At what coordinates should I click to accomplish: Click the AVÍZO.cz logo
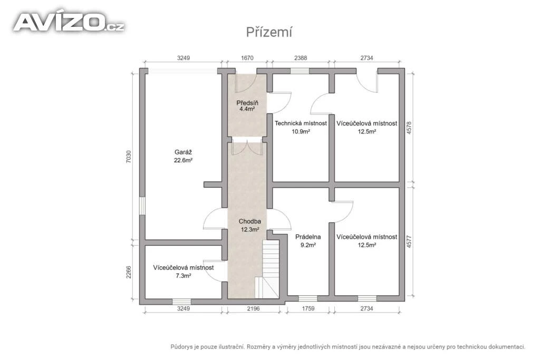69,22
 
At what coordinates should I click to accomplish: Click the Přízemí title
269,32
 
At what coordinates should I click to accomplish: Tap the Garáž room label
183,152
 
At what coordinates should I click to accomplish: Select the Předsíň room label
247,103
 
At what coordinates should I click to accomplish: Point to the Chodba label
249,221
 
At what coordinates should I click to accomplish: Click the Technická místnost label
301,123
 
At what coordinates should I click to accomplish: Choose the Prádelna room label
308,237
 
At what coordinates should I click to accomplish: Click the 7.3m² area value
183,276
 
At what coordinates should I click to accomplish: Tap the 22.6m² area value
183,160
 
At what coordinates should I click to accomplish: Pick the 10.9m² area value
301,131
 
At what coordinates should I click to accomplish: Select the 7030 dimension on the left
129,157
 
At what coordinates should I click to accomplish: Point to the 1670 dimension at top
247,58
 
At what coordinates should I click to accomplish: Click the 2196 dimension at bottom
253,308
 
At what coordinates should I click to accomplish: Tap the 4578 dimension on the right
409,128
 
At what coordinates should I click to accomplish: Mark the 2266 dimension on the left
129,272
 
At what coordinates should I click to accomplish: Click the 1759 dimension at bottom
308,308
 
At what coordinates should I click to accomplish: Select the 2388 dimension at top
300,58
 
